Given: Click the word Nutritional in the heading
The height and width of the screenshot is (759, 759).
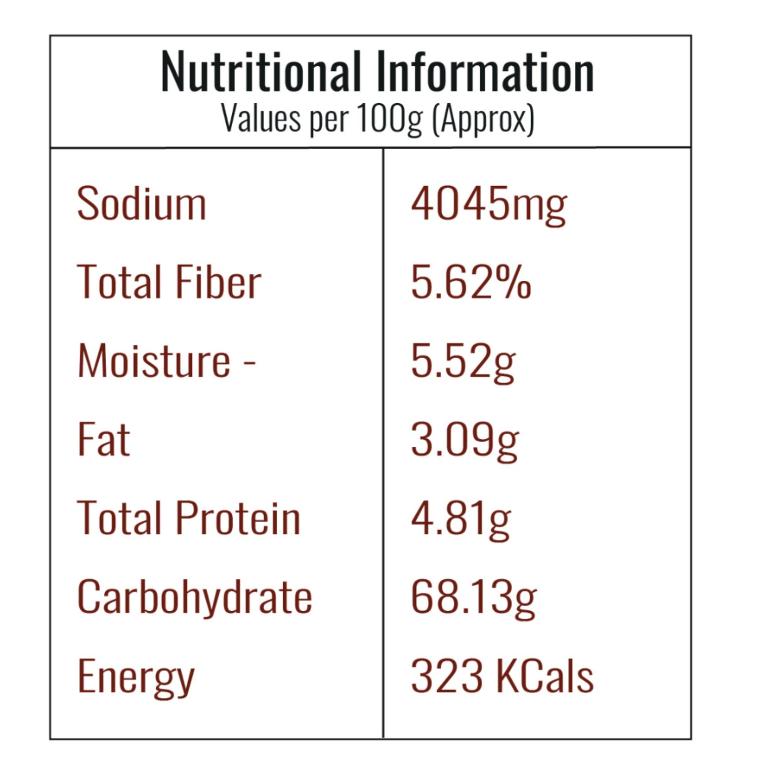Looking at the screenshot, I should [261, 72].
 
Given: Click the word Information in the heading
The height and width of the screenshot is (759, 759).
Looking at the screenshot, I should [485, 72].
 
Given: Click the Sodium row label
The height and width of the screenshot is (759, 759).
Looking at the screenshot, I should [142, 203].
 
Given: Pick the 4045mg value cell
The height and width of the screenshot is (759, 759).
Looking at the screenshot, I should [488, 204].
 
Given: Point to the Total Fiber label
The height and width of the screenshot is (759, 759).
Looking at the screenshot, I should [169, 282].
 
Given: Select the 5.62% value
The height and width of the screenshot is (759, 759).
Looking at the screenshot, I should [471, 282].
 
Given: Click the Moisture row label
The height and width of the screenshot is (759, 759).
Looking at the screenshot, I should [154, 360].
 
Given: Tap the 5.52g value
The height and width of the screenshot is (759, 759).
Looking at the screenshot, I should [463, 361].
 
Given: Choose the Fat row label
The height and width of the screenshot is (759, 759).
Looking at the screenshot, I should [104, 439].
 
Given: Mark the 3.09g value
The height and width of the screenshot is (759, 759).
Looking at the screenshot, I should [465, 440].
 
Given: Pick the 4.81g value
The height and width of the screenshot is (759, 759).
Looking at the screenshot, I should [460, 519].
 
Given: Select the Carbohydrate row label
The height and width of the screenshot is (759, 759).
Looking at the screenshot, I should [194, 597].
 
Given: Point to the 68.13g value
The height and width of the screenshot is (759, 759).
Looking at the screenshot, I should [473, 598].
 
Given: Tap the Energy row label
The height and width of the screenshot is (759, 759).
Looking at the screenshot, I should [136, 677].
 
